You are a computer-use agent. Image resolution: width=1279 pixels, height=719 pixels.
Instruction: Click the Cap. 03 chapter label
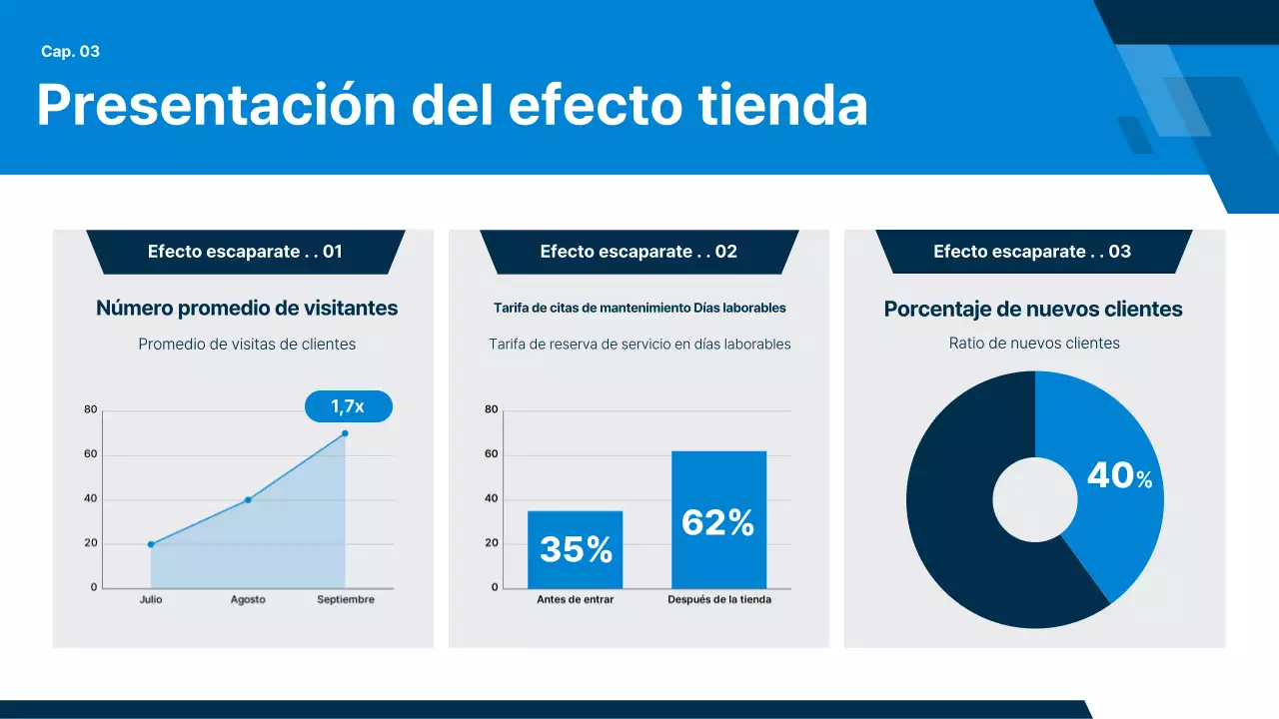[70, 52]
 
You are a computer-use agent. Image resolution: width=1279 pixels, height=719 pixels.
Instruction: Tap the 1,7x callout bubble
[348, 406]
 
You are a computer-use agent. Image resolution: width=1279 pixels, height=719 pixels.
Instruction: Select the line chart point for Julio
[151, 544]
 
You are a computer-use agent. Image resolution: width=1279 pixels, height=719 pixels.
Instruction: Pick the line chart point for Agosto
[248, 499]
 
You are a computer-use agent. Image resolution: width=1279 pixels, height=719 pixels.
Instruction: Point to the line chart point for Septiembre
[345, 433]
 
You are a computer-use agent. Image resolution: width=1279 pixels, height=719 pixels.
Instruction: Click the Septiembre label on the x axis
[346, 600]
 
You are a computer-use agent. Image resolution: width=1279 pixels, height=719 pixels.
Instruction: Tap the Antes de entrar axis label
[575, 600]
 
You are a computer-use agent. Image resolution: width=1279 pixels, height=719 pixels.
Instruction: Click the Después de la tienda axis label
[719, 600]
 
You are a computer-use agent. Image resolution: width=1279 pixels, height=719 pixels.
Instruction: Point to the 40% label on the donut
[1119, 476]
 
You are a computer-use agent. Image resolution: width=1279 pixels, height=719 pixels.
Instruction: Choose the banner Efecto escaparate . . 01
[245, 252]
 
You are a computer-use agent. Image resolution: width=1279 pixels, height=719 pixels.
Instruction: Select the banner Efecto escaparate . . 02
[639, 252]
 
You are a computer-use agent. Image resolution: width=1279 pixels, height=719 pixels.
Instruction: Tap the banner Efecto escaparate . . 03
[1032, 252]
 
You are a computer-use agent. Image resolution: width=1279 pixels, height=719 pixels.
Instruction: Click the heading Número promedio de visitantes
[247, 309]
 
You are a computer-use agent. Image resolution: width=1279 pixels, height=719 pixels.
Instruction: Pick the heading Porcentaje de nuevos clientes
[1033, 310]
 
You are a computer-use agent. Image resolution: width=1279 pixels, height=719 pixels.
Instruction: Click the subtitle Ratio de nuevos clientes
[1034, 344]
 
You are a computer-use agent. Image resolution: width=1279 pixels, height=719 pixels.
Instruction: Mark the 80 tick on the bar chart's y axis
[491, 409]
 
